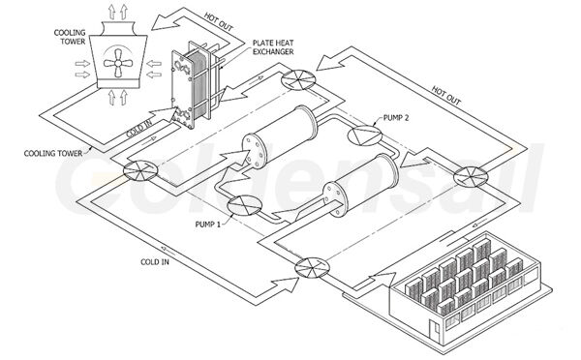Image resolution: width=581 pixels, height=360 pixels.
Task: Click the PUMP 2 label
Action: [x=400, y=116]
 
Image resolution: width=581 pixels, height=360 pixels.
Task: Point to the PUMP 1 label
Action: [x=207, y=223]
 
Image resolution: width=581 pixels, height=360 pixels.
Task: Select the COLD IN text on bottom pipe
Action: [x=155, y=261]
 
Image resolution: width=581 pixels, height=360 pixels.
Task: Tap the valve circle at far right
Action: [x=469, y=177]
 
